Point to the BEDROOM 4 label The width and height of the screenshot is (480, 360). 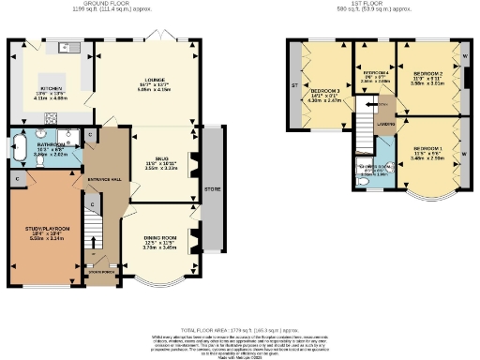point(375,72)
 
